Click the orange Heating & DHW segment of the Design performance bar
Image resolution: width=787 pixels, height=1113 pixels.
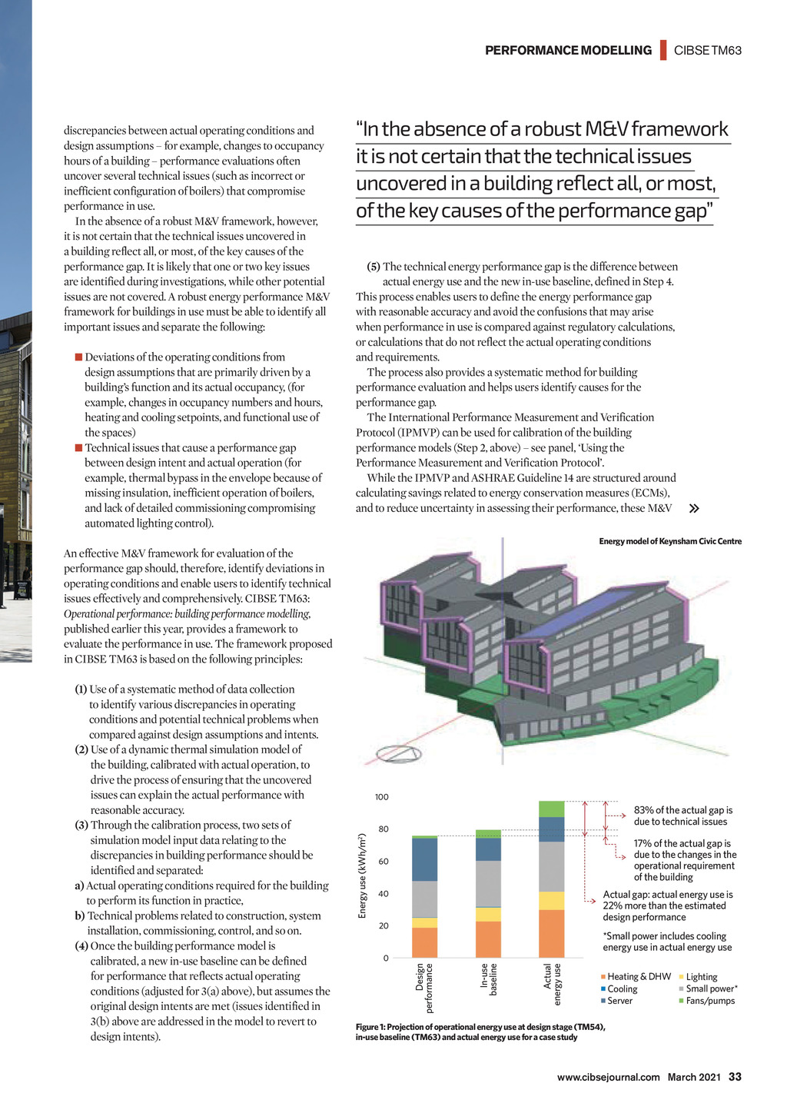pos(424,942)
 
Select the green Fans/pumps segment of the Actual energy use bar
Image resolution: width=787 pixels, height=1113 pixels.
pos(552,809)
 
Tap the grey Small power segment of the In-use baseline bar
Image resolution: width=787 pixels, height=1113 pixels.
pos(488,884)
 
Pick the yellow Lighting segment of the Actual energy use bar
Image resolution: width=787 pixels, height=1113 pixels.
pos(552,901)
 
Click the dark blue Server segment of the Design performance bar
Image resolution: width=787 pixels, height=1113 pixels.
pos(424,859)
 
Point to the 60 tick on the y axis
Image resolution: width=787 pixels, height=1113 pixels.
pos(382,862)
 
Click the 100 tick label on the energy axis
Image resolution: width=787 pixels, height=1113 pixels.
pos(381,797)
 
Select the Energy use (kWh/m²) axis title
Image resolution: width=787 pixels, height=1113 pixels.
pos(362,875)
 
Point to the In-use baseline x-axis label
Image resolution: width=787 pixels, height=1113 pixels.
pos(489,979)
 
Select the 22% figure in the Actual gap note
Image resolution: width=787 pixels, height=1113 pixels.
pos(613,905)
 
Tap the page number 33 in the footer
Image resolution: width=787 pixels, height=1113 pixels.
pos(735,1077)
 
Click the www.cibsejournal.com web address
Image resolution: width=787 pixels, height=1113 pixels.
pos(608,1077)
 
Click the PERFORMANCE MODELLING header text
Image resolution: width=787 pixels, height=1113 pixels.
pos(568,51)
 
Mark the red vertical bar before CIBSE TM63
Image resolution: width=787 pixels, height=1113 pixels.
pos(663,50)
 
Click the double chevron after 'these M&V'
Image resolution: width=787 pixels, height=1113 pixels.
pos(694,508)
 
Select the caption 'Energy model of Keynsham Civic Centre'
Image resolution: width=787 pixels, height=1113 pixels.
pos(670,541)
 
